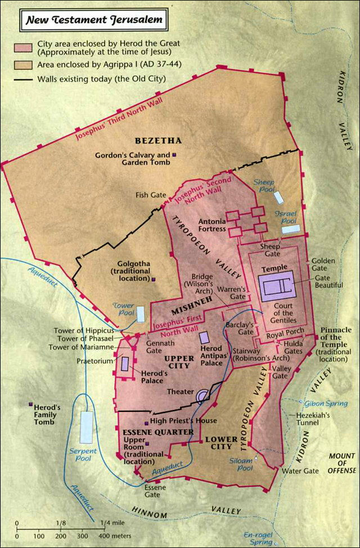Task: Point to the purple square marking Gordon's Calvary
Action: (174, 154)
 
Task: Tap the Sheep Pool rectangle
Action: (278, 197)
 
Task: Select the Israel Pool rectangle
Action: (291, 228)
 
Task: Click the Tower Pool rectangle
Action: (139, 314)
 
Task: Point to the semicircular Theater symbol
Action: (202, 397)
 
